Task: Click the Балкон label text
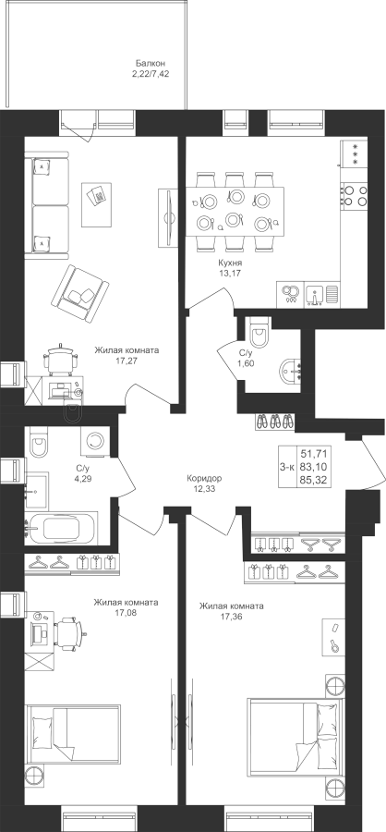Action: point(146,64)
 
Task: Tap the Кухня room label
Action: point(230,263)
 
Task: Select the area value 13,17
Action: point(230,274)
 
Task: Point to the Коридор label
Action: point(204,478)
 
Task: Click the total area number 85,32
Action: point(313,481)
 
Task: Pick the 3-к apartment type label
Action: point(287,467)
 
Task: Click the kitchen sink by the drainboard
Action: point(317,296)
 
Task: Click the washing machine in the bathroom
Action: point(95,441)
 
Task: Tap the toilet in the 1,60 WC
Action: point(259,332)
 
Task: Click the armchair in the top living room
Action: point(79,293)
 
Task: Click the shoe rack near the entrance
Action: point(274,422)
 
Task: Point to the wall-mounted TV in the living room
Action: point(168,217)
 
